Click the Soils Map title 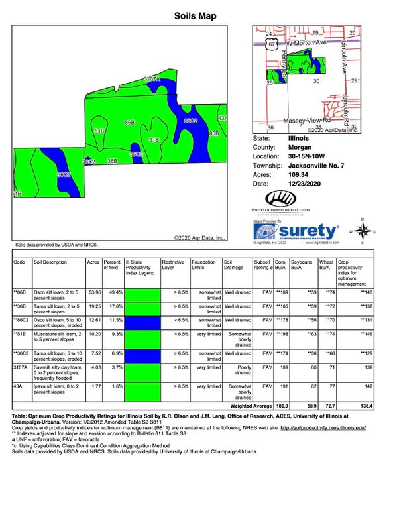click(197, 15)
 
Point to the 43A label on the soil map click(223, 118)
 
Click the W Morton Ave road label click(304, 43)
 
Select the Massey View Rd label click(306, 121)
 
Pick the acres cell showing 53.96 click(93, 291)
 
